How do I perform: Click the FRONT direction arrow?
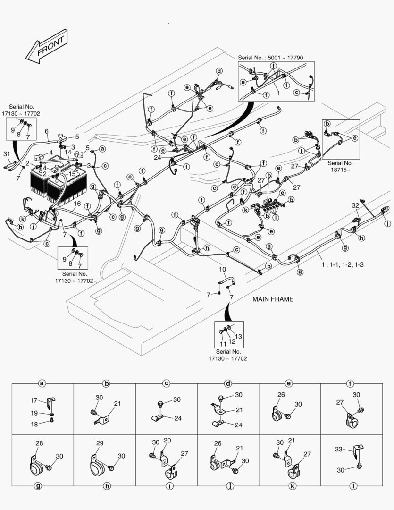click(x=47, y=46)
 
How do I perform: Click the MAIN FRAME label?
click(x=273, y=299)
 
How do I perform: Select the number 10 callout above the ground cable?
click(x=222, y=269)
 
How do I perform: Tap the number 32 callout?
click(x=355, y=205)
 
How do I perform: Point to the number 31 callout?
click(x=7, y=154)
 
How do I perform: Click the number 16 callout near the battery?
click(x=77, y=204)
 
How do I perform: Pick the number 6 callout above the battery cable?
click(x=47, y=131)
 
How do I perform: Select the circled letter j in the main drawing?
click(x=387, y=223)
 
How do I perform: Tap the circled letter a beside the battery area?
click(x=102, y=149)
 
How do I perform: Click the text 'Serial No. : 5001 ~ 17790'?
click(x=270, y=58)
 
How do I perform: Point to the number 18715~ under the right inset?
click(x=340, y=170)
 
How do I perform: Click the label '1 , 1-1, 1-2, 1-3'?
click(x=343, y=264)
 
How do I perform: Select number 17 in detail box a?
click(x=34, y=400)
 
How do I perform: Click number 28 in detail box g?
click(x=39, y=443)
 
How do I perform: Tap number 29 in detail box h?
click(x=100, y=443)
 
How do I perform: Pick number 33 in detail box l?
click(x=339, y=449)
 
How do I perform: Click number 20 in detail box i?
click(x=167, y=441)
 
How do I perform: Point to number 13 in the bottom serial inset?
click(x=239, y=336)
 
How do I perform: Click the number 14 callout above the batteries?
click(x=67, y=152)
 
